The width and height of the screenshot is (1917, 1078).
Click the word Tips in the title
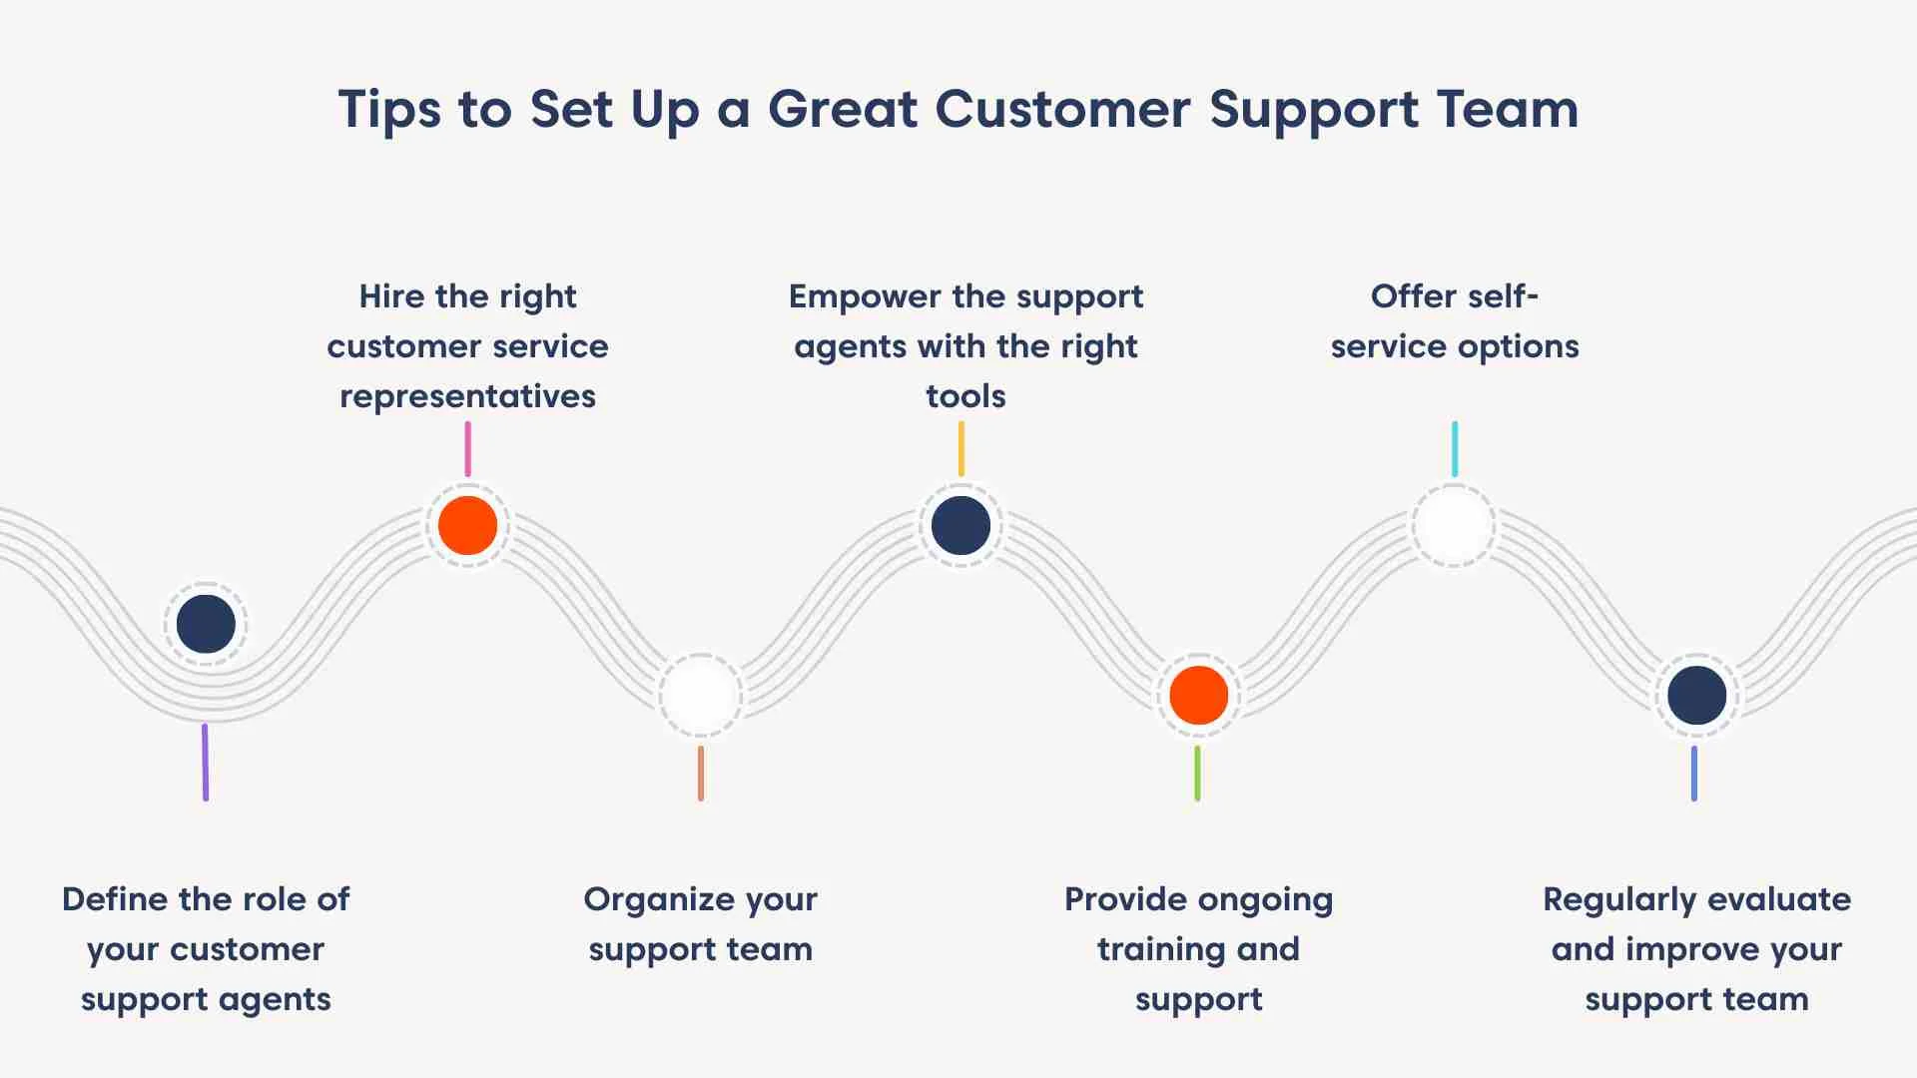coord(389,110)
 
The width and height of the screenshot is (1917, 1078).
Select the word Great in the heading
coord(842,109)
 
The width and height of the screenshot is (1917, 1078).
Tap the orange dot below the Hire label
coord(467,525)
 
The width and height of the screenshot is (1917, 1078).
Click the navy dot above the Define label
coord(206,624)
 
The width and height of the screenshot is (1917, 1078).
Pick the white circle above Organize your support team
coord(700,695)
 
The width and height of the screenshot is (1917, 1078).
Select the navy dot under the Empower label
coord(960,525)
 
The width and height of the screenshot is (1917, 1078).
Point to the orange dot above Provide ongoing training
coord(1198,695)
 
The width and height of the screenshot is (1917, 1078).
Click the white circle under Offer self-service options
coord(1454,525)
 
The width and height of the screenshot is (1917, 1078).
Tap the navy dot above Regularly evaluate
coord(1696,695)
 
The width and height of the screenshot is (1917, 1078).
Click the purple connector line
coord(206,762)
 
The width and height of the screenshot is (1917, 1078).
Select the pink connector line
coord(467,449)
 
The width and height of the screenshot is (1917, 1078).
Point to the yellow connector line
coord(960,449)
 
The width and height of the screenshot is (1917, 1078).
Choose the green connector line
coord(1197,773)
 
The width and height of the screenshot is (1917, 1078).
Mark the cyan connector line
coord(1455,449)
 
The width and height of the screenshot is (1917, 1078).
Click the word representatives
coord(467,397)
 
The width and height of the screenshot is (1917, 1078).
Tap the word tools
coord(965,396)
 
